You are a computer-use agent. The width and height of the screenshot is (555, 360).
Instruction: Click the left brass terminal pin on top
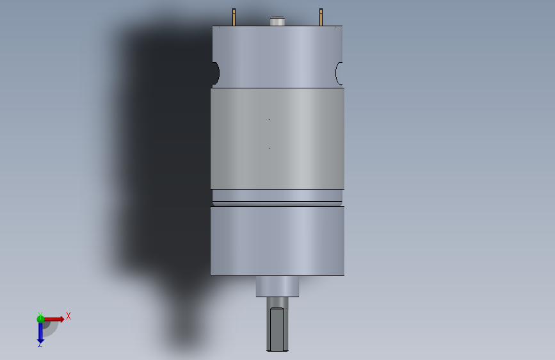click(x=234, y=17)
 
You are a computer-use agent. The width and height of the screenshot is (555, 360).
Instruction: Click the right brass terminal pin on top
click(x=321, y=17)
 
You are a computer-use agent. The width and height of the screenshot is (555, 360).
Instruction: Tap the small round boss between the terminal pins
click(x=278, y=21)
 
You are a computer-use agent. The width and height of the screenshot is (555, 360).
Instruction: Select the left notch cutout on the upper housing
click(x=216, y=74)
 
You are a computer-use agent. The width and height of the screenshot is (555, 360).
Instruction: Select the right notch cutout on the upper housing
click(x=339, y=74)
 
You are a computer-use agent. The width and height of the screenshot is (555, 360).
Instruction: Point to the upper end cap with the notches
click(x=278, y=57)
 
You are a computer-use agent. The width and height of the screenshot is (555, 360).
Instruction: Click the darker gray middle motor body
click(x=278, y=138)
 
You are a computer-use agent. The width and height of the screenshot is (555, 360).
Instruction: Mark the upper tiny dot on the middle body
click(x=269, y=119)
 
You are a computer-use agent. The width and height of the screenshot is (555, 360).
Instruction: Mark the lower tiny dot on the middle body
click(x=269, y=148)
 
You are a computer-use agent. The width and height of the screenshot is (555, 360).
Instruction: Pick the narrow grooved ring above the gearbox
click(x=278, y=198)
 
